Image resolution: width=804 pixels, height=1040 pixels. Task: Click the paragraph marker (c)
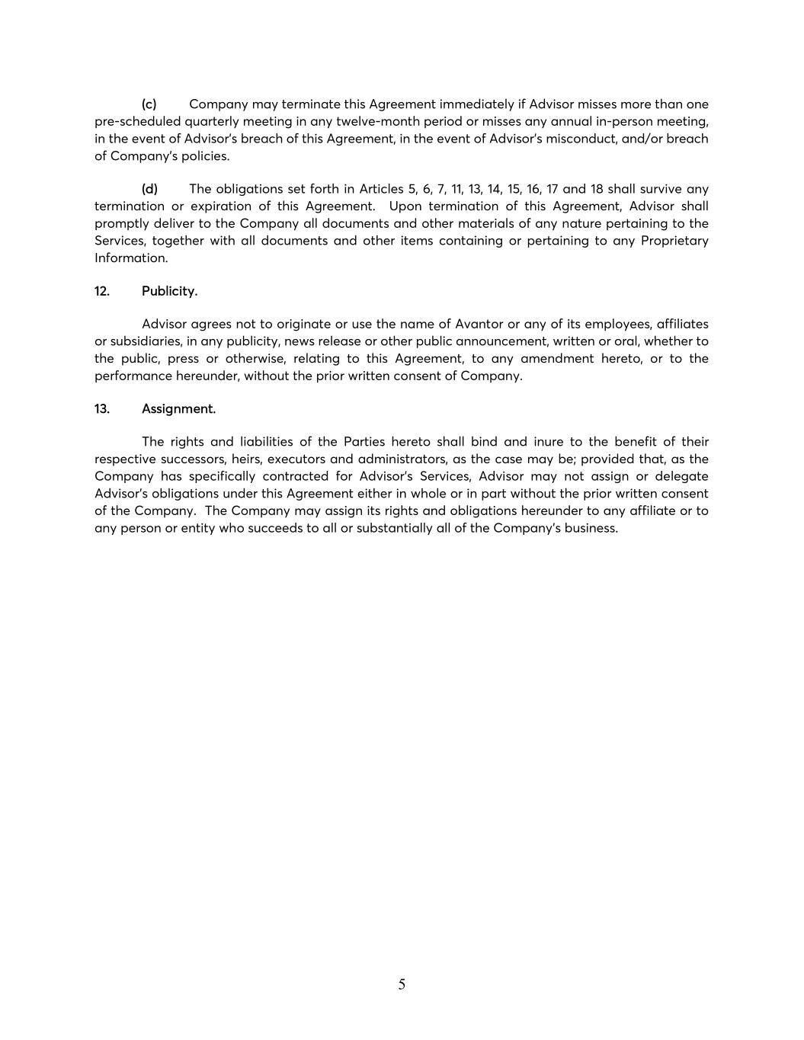tap(149, 104)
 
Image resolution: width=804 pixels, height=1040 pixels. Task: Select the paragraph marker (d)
tap(149, 189)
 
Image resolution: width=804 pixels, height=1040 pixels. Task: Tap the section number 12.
tap(102, 291)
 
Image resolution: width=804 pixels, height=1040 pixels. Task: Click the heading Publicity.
tap(169, 291)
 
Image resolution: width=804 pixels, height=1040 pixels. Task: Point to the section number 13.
tap(102, 409)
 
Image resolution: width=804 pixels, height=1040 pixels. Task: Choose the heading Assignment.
tap(178, 409)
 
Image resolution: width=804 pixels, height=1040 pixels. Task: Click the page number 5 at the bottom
tap(402, 984)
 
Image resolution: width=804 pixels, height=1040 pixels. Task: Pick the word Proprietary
tap(674, 241)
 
